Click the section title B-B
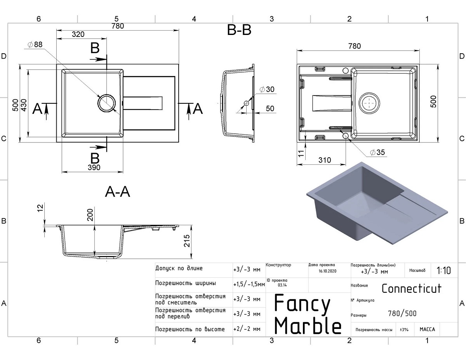[239, 30]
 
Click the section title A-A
[117, 192]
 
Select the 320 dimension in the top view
[78, 34]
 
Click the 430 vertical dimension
[24, 105]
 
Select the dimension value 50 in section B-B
[270, 108]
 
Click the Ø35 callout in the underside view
[377, 152]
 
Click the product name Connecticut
[412, 289]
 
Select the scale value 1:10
[444, 270]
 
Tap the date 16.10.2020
[327, 271]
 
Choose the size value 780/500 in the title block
[402, 313]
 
